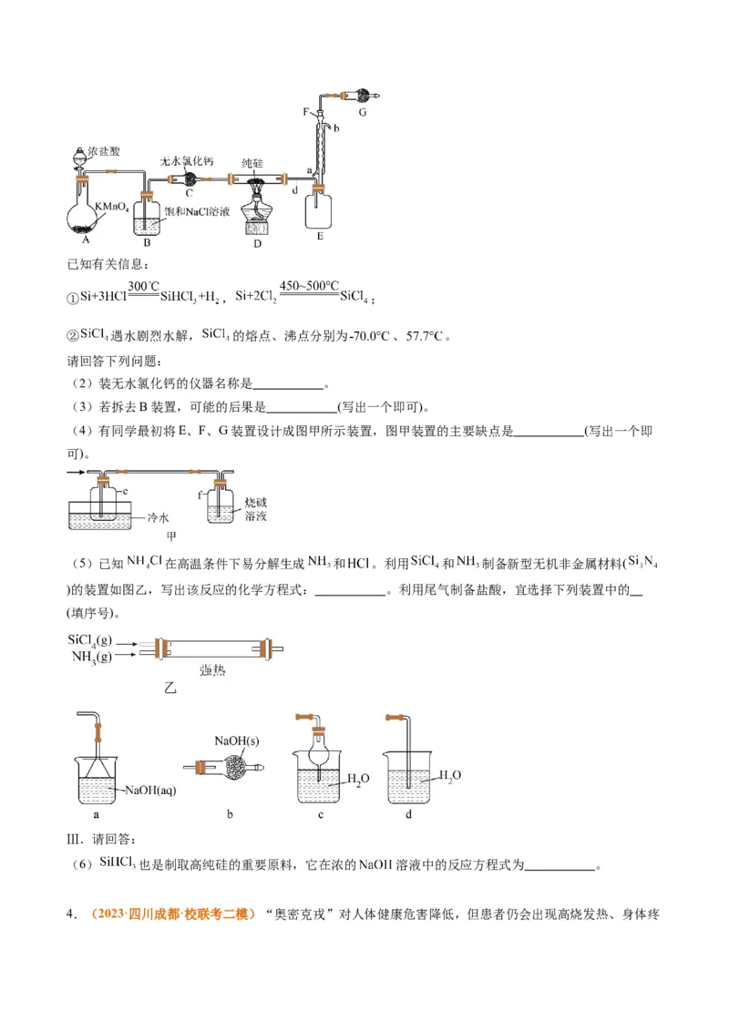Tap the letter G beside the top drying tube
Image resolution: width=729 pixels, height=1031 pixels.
pos(362,113)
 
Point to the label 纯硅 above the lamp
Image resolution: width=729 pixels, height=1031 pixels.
pos(253,162)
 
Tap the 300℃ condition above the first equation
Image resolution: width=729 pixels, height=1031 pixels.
pos(144,285)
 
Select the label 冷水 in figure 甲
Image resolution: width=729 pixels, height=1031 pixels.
pos(159,517)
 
